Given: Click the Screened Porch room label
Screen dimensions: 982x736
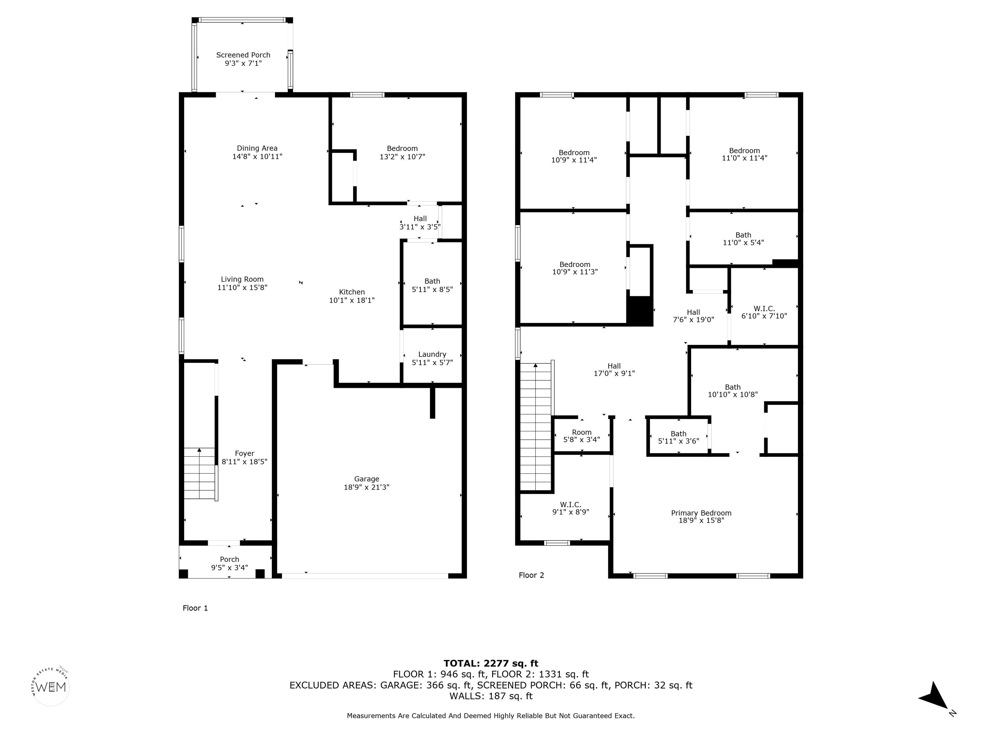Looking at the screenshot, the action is point(243,55).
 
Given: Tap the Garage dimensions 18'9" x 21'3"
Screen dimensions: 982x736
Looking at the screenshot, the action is point(367,487).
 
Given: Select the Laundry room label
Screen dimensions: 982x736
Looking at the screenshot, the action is point(432,355).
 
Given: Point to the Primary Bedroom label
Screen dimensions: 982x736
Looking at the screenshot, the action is point(701,513).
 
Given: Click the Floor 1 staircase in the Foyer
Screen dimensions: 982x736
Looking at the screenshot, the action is point(200,474).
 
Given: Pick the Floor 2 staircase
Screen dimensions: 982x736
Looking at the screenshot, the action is point(537,427).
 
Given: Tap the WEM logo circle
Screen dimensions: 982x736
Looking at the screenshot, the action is point(51,687).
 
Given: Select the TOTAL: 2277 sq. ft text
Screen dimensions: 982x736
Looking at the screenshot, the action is point(491,663).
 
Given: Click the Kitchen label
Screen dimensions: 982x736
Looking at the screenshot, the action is point(352,292).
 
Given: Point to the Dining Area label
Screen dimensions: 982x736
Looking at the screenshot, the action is point(257,148).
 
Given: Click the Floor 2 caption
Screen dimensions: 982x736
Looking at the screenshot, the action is point(531,575).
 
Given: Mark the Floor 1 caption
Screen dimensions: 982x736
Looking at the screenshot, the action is point(195,608).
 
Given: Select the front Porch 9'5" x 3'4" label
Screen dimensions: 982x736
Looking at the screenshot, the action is point(230,563).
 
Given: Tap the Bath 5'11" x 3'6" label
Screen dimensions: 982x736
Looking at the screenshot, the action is point(678,437).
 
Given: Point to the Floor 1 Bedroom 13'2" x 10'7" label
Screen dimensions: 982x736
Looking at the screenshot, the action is point(402,152).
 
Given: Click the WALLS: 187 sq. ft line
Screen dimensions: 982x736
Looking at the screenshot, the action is point(491,696).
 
